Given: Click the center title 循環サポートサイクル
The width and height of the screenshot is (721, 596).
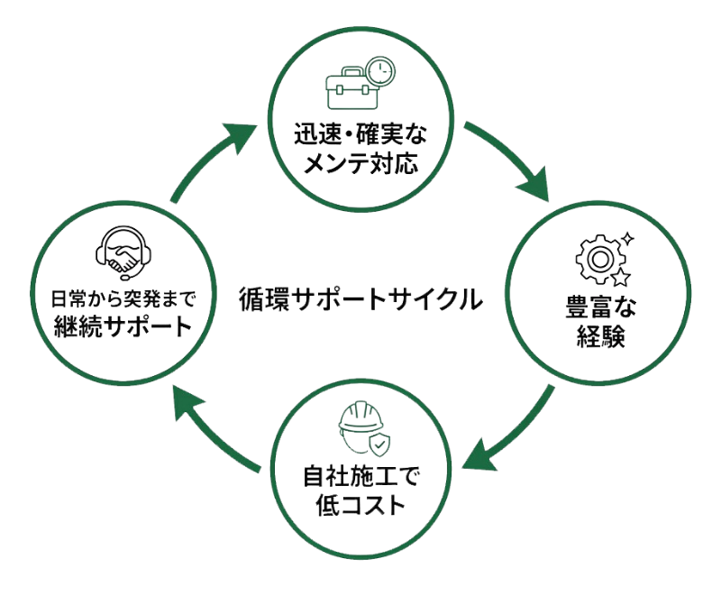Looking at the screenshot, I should [x=358, y=298].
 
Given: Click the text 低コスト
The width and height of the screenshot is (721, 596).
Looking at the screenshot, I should [x=361, y=501].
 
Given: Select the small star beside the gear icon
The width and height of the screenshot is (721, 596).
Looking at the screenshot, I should [x=627, y=238].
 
